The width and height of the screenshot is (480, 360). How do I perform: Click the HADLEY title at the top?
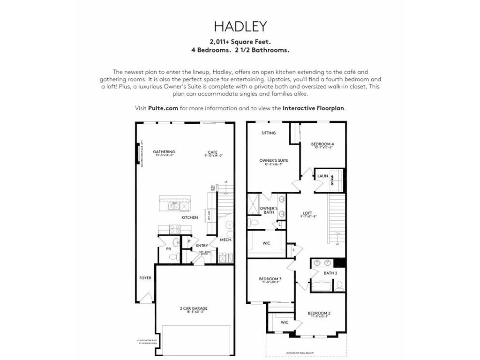[240, 25]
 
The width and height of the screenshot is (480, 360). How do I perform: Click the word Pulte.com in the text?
[163, 108]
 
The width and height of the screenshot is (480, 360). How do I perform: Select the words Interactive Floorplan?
[314, 108]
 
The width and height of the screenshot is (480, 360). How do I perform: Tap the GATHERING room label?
[164, 152]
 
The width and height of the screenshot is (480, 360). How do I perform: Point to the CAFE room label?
[213, 152]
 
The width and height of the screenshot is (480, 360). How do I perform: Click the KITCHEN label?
[190, 217]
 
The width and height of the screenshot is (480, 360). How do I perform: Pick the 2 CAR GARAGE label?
[193, 308]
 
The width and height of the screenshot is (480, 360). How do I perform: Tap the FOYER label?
[145, 278]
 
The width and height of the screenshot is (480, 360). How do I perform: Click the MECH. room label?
[226, 240]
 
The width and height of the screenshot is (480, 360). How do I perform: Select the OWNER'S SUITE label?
[274, 160]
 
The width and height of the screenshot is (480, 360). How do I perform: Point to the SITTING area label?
[269, 133]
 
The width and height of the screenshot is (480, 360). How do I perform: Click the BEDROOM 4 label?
[322, 144]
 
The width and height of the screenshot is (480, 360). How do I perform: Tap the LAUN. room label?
[322, 176]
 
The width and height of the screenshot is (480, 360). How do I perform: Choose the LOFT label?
[307, 213]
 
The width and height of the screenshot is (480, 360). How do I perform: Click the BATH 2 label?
[331, 273]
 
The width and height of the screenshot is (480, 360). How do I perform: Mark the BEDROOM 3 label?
[270, 279]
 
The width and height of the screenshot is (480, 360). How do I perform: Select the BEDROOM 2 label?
[319, 313]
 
